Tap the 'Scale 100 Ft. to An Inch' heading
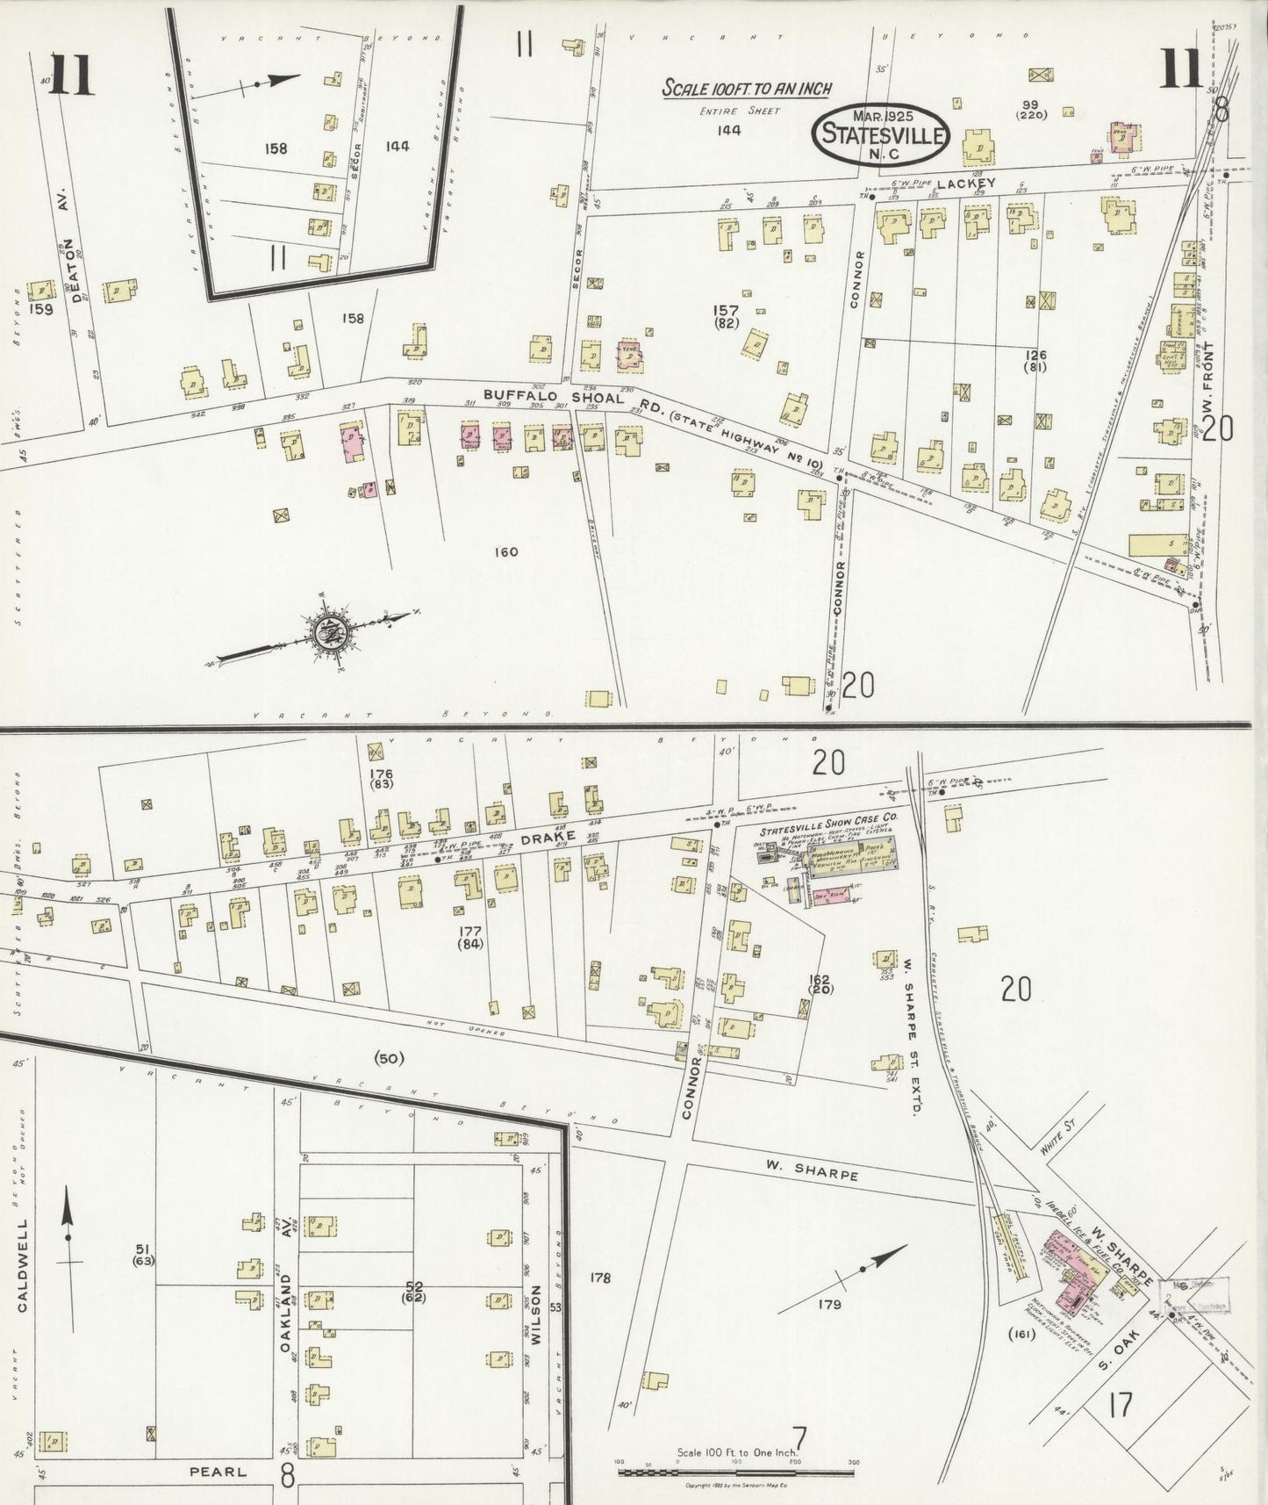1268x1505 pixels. tap(746, 89)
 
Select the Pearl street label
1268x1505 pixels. tap(218, 1472)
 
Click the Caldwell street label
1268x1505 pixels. tap(23, 1264)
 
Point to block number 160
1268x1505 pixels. tap(506, 552)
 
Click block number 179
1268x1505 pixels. tap(829, 1305)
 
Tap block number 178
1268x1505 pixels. tap(600, 1278)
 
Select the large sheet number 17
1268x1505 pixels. tap(1120, 1405)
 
